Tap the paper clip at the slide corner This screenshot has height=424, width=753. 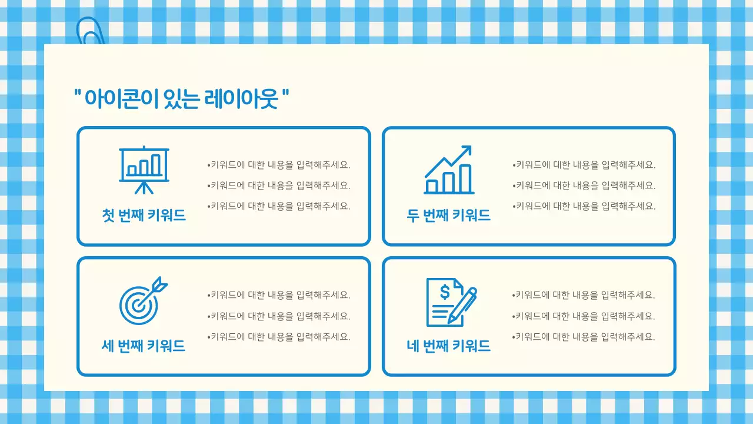(90, 32)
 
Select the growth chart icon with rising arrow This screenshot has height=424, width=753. (449, 170)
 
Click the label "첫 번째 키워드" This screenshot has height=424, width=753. (144, 216)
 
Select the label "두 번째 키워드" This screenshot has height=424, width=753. (449, 216)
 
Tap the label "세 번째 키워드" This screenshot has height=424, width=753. (144, 346)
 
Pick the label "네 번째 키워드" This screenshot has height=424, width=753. (449, 346)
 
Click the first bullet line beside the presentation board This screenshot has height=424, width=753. (279, 165)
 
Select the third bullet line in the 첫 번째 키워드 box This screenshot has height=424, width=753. (279, 206)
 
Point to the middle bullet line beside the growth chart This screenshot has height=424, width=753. (584, 185)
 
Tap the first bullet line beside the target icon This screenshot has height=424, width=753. (279, 295)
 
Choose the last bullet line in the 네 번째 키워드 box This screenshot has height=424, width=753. (584, 337)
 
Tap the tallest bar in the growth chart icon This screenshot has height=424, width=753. (465, 178)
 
